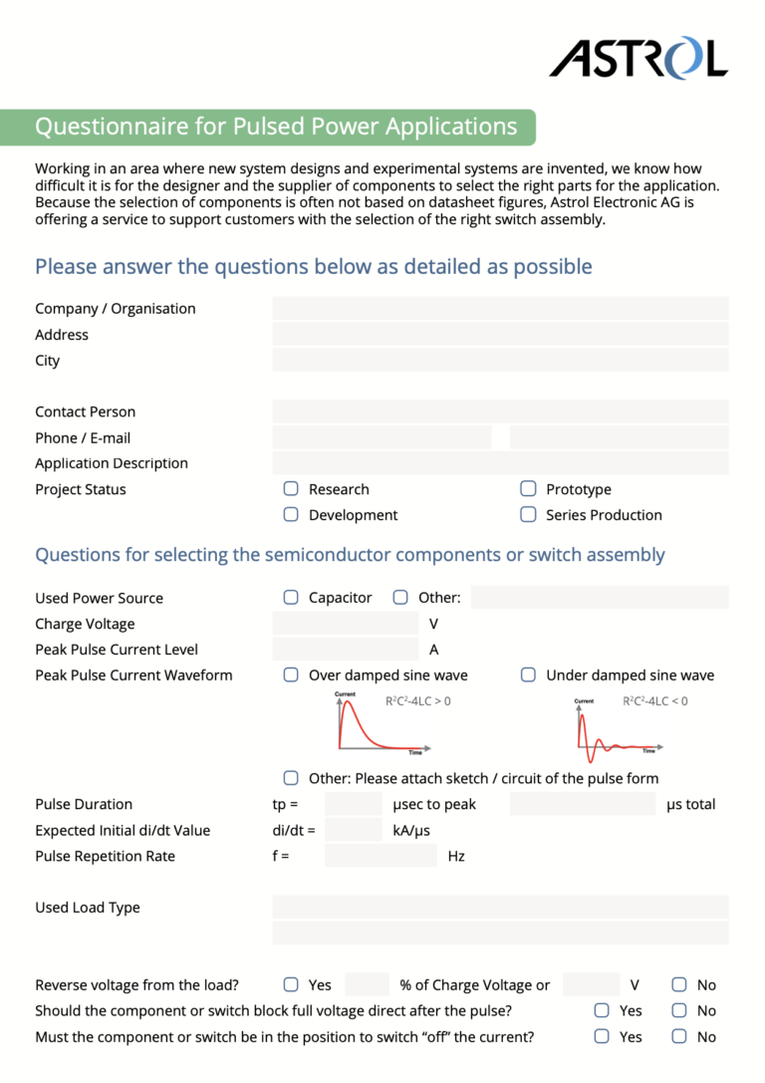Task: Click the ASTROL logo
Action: click(638, 59)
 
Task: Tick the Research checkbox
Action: click(291, 489)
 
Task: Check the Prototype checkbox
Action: click(528, 489)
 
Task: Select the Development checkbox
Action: click(291, 515)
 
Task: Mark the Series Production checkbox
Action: click(528, 515)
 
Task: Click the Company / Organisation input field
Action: click(500, 309)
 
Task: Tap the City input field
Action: click(500, 361)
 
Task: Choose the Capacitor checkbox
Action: click(291, 598)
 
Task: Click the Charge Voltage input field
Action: click(345, 624)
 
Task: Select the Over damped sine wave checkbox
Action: click(291, 676)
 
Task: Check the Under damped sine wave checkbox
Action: click(528, 676)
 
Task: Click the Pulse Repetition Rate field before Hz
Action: click(381, 856)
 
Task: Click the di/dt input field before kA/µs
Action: click(354, 830)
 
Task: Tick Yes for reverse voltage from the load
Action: click(291, 985)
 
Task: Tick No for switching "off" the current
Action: click(679, 1037)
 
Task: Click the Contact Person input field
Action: click(500, 411)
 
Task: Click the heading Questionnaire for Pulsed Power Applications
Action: click(276, 128)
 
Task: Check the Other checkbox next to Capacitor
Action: click(400, 598)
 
